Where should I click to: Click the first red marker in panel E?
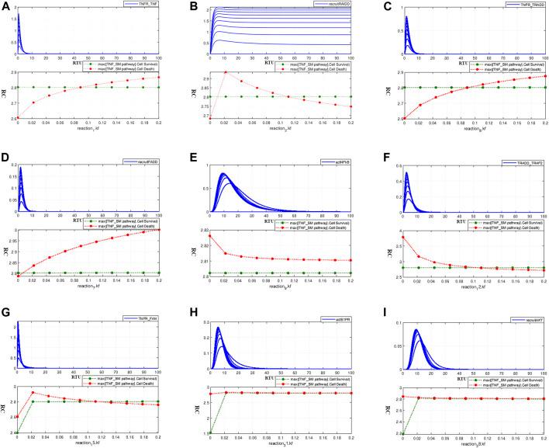(x=209, y=230)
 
